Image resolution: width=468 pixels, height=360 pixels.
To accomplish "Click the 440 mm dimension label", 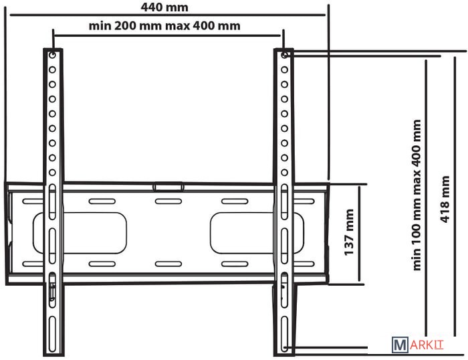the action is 164,7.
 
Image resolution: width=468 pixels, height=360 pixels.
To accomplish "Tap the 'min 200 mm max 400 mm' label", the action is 164,25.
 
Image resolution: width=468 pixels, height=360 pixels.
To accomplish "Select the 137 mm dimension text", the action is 349,232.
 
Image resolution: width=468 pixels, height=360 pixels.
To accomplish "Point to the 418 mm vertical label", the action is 445,199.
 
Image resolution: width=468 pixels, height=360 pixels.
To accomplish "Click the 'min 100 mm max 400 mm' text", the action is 417,195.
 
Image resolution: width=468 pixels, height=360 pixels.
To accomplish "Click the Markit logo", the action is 418,345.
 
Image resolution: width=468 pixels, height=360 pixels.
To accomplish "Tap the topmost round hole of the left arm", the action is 53,56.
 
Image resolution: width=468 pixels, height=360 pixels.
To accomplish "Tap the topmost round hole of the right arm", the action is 284,56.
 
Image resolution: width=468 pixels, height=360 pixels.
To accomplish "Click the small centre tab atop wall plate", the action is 168,187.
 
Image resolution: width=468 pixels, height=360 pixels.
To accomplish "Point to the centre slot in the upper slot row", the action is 168,201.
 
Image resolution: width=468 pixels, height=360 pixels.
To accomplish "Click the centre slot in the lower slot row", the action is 168,264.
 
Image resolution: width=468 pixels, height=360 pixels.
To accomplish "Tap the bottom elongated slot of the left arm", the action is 53,334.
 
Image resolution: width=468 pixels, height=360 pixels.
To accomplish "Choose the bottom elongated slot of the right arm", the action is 284,334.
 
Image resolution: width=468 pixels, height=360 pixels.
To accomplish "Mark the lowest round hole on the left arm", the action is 53,173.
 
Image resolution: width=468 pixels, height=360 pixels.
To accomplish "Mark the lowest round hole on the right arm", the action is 284,173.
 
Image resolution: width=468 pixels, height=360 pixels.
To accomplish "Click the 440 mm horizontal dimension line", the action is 167,14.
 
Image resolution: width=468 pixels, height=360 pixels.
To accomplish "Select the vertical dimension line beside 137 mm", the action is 360,234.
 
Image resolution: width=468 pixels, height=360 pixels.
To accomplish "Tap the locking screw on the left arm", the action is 53,290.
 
